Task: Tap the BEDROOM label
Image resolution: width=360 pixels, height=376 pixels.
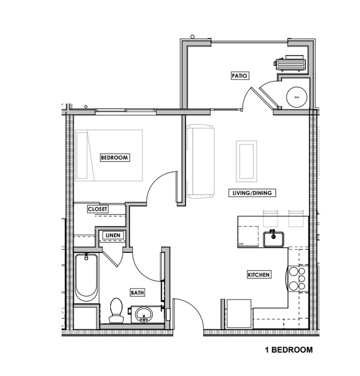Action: point(114,157)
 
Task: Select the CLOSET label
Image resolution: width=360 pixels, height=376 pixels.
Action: point(98,209)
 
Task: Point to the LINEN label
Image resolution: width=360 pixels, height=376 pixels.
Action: point(112,236)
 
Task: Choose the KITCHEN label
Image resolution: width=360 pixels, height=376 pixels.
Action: point(259,275)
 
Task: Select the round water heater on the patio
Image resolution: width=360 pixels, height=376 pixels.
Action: point(297,98)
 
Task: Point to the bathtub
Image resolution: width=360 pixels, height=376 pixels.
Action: point(86,277)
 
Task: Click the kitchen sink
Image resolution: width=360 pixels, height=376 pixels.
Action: point(273,239)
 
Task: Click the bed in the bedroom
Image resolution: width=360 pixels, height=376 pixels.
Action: point(109,155)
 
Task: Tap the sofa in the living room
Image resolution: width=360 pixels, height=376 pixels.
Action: point(200,161)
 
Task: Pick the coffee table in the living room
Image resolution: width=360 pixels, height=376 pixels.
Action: point(246,161)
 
